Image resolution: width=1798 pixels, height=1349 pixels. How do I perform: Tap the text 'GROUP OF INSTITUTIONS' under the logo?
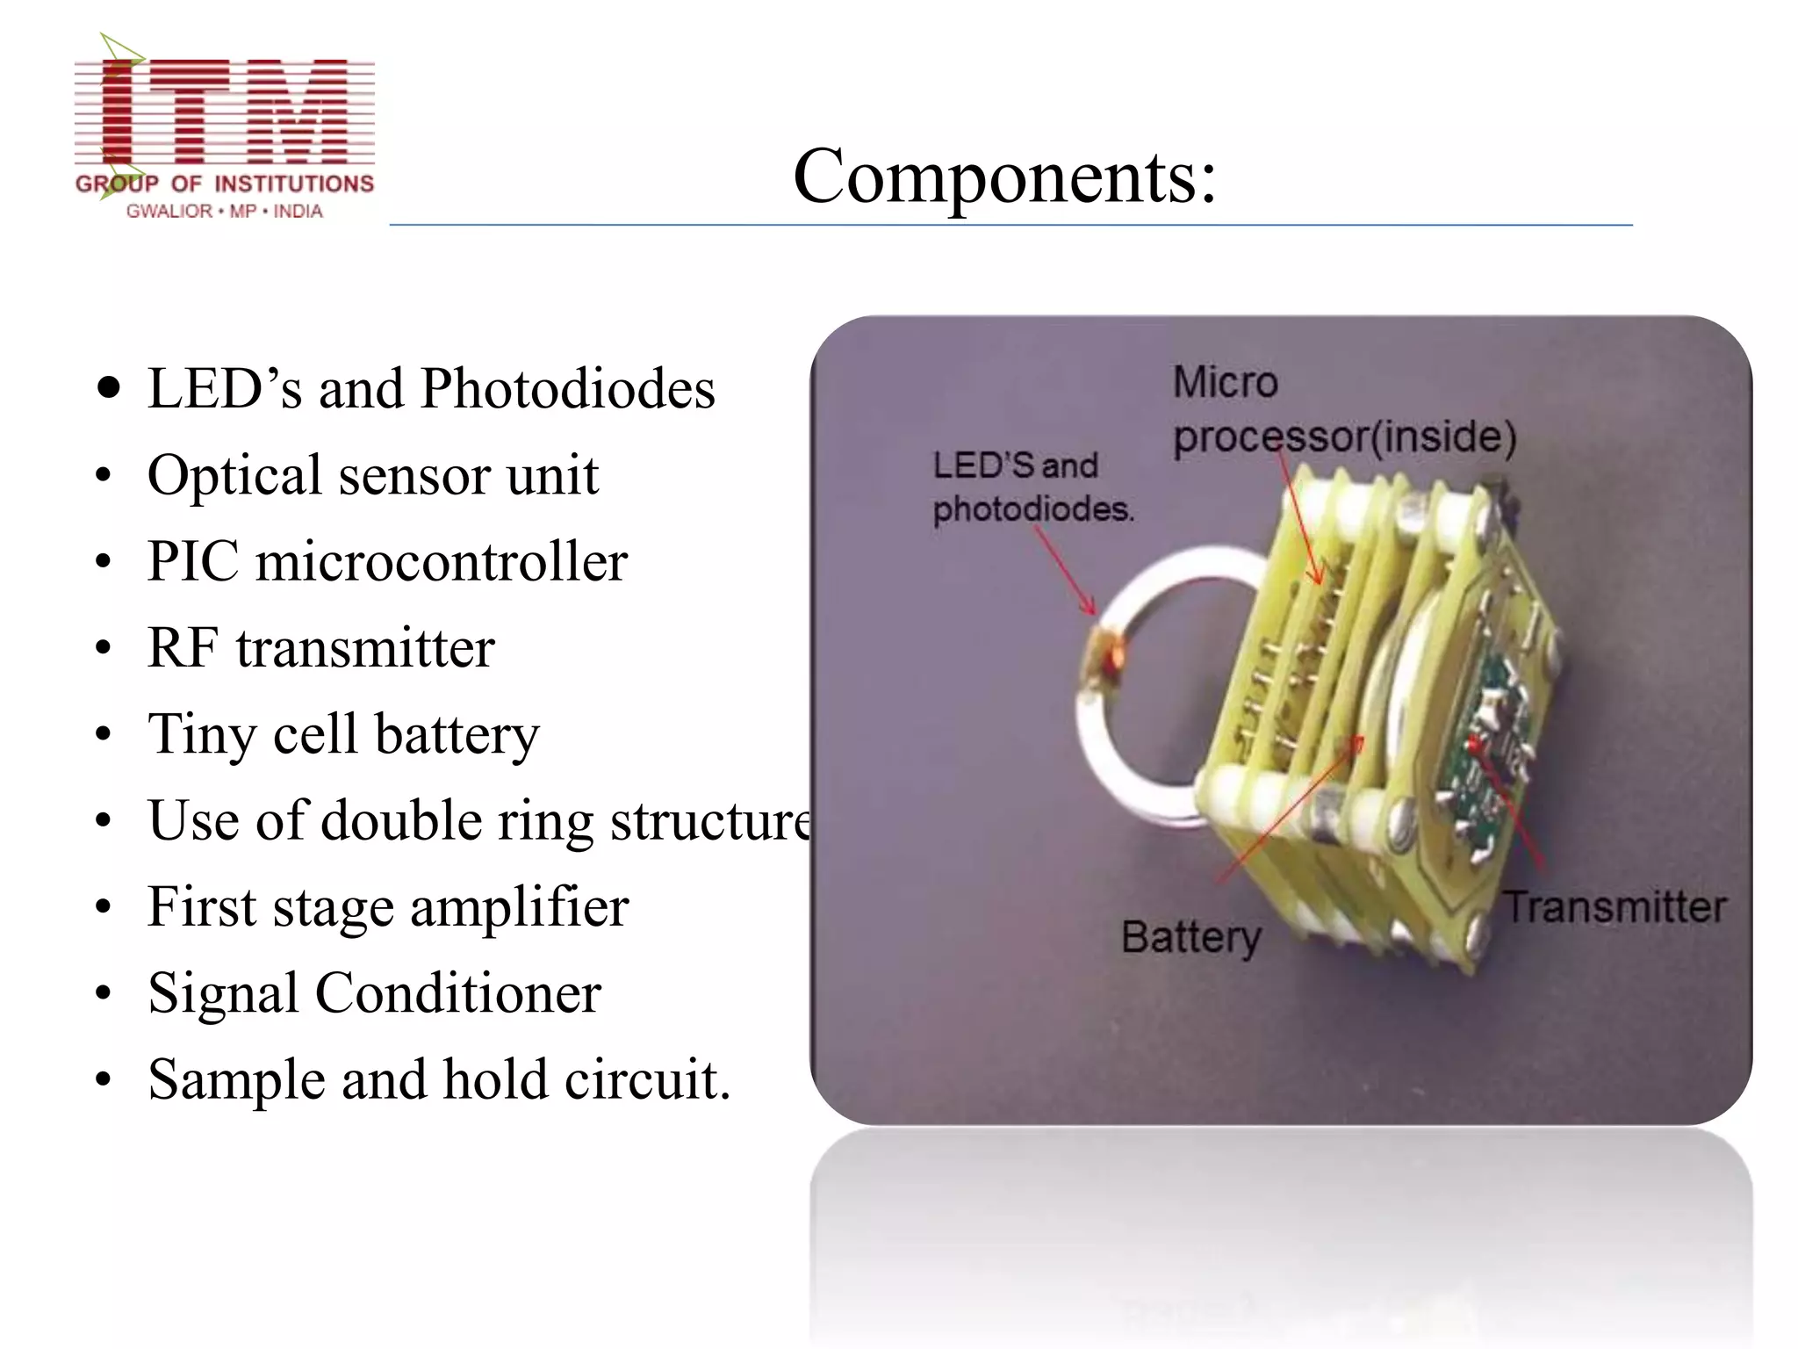[x=225, y=184]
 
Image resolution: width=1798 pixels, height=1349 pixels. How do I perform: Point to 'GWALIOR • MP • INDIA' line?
[x=225, y=212]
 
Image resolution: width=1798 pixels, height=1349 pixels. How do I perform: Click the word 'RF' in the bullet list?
[x=183, y=648]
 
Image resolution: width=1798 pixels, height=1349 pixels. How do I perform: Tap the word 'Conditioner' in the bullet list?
[x=457, y=993]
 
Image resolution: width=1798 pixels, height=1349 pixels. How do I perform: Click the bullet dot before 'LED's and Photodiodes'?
[x=109, y=388]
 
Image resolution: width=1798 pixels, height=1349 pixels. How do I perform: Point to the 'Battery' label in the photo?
[x=1190, y=937]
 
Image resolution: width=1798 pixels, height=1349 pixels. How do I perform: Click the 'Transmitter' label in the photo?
[x=1615, y=907]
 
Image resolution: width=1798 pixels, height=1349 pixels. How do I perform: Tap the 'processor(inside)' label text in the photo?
[x=1344, y=436]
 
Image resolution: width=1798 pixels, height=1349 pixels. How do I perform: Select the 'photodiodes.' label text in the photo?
[x=1032, y=509]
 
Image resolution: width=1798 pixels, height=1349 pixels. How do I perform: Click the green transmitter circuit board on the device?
[x=1484, y=747]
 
